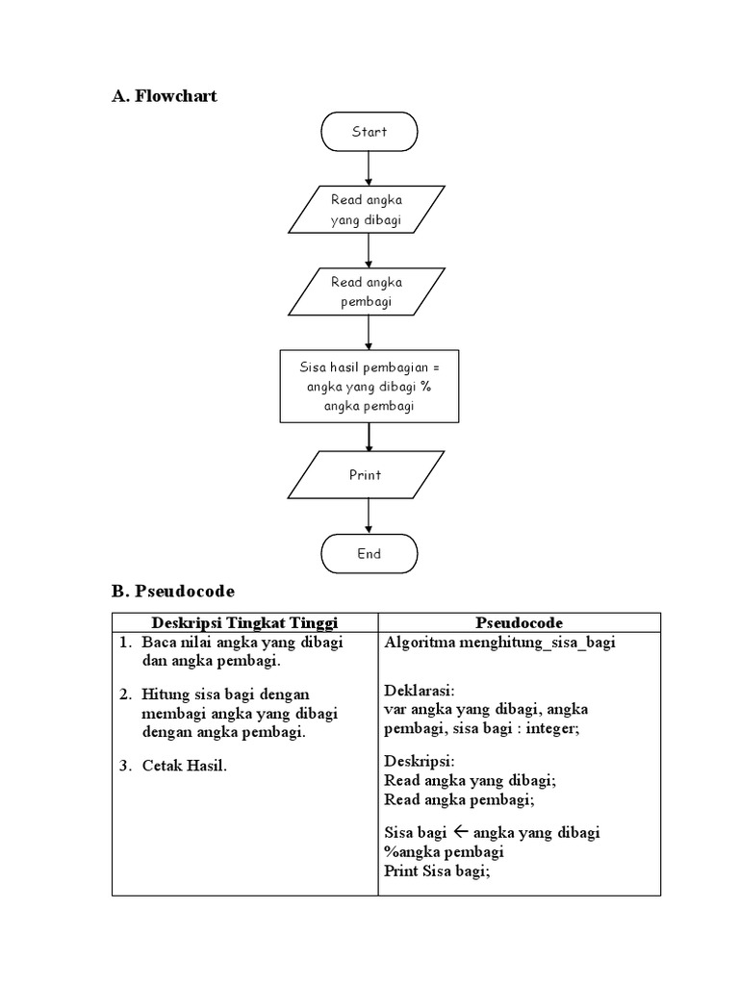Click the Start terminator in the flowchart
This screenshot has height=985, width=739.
tap(369, 132)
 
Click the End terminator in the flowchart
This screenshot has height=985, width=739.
tap(369, 554)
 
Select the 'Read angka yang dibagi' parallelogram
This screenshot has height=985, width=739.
tap(367, 210)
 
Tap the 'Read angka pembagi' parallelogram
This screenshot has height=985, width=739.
tap(367, 292)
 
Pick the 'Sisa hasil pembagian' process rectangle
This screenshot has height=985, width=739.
tap(369, 387)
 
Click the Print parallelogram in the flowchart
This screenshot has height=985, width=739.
tap(366, 475)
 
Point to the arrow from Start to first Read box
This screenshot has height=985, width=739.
tap(369, 168)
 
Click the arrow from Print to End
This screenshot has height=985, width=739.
tap(369, 517)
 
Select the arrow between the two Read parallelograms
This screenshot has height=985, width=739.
tap(369, 250)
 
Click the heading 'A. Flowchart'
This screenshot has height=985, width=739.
tap(165, 95)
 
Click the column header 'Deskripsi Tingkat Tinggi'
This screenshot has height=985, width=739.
tap(244, 622)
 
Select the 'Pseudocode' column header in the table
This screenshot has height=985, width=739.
tap(519, 622)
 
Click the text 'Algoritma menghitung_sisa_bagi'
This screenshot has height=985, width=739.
tap(499, 643)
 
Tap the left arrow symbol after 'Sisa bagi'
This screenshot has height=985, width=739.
tap(459, 832)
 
